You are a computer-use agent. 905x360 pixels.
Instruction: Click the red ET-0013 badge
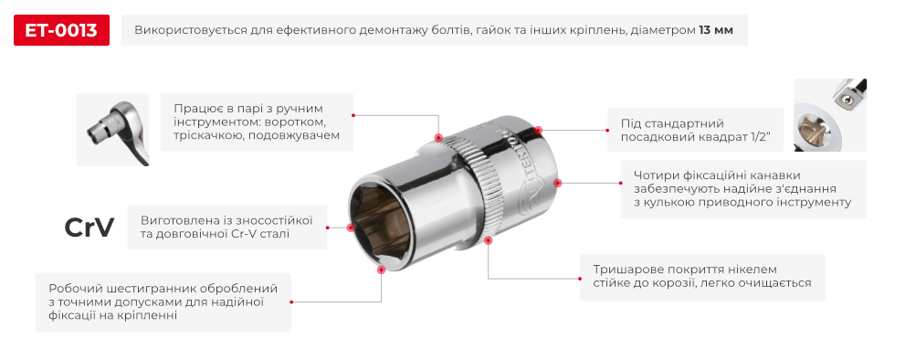(x=62, y=31)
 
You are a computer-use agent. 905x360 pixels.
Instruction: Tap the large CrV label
(x=89, y=228)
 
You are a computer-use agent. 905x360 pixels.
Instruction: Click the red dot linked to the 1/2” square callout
(x=538, y=132)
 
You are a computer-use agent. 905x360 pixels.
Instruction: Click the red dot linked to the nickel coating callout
(x=489, y=241)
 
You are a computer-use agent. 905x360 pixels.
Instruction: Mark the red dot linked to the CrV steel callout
(x=351, y=228)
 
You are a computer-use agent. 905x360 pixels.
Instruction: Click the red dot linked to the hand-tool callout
(x=440, y=137)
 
